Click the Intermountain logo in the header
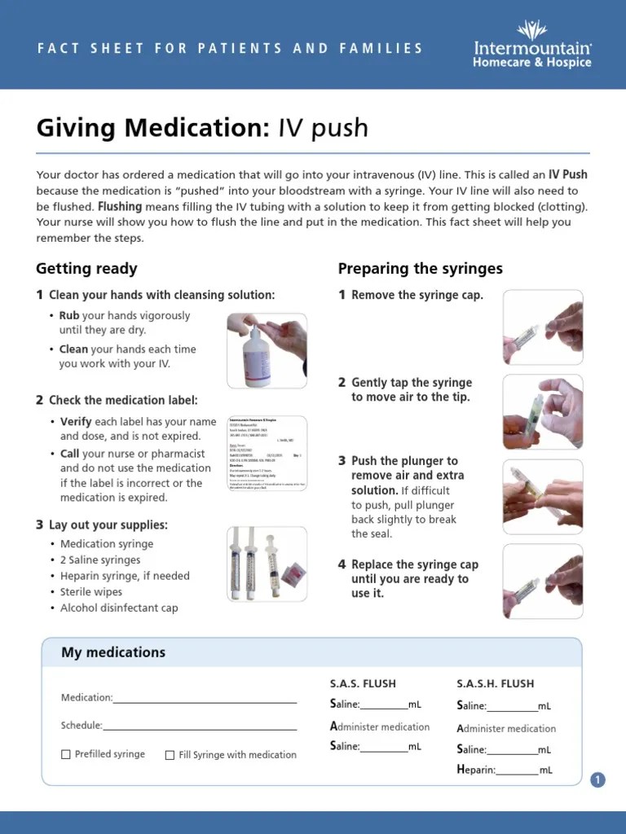(532, 44)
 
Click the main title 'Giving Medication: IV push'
(202, 128)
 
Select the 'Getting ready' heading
(86, 269)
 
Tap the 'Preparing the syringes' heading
(420, 269)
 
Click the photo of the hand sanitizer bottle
(267, 350)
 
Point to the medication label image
(267, 454)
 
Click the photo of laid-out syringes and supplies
(267, 564)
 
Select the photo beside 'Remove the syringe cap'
(543, 327)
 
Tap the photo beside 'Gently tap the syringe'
(543, 412)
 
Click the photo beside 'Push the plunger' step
(543, 497)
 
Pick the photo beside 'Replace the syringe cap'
(543, 582)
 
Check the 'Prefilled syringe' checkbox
(66, 755)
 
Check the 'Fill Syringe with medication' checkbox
(170, 755)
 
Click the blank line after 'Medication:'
(205, 700)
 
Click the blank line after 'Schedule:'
(200, 727)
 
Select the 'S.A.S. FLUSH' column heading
(363, 683)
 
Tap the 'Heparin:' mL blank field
(517, 771)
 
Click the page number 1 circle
(598, 780)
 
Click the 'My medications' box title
(113, 652)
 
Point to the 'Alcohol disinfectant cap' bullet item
(119, 608)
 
